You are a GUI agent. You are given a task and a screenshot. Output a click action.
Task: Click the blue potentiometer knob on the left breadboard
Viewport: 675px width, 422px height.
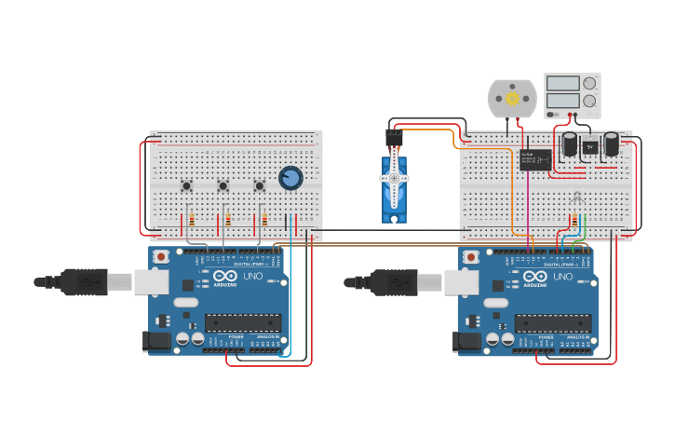point(290,177)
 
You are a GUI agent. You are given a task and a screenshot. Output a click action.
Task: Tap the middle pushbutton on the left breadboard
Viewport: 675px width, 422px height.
point(223,185)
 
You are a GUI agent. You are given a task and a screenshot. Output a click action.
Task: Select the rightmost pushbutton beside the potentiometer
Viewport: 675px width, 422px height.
point(260,185)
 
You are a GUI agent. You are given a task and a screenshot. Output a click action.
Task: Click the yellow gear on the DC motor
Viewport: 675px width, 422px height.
point(512,98)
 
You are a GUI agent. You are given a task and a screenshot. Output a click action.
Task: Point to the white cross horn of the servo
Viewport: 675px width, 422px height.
point(394,178)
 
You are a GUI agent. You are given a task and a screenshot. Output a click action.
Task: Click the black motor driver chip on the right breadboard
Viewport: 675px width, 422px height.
point(535,160)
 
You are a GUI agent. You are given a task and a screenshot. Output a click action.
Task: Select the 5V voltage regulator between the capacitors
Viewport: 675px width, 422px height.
point(589,146)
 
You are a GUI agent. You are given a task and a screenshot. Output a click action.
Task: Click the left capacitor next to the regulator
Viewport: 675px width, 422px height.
point(569,143)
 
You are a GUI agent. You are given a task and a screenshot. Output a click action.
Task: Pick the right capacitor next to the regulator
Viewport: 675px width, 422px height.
point(612,143)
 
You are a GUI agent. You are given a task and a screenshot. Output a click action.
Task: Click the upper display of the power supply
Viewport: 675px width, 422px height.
point(562,84)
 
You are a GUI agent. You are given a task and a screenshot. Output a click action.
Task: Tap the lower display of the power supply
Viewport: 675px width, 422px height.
point(562,100)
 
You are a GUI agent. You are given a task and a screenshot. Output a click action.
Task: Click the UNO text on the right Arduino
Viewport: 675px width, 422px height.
point(563,277)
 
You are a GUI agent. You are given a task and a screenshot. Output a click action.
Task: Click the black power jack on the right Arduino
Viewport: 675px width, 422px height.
point(468,342)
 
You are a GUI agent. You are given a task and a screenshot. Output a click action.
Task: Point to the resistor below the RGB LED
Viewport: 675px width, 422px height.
point(574,221)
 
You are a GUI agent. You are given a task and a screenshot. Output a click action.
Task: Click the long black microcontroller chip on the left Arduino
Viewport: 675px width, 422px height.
point(243,323)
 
